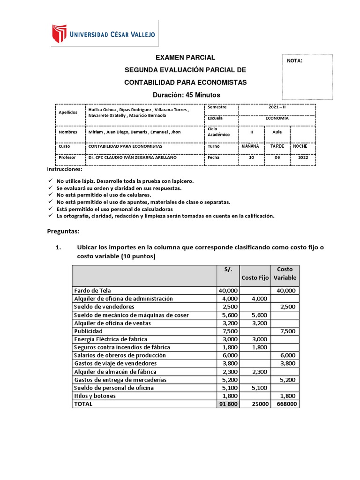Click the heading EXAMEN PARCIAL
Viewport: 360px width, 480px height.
tap(185, 58)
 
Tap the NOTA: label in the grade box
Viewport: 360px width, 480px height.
tap(294, 61)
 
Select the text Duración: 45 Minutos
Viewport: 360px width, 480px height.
tap(185, 95)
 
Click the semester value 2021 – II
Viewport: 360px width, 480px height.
tap(277, 107)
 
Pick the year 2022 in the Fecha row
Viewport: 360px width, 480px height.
tap(303, 158)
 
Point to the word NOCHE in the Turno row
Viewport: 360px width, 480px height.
tap(300, 146)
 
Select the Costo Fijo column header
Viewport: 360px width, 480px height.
tap(255, 277)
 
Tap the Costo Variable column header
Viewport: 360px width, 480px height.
tap(285, 273)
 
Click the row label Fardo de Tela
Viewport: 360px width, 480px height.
tap(92, 291)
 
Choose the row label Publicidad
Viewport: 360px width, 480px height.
tap(89, 331)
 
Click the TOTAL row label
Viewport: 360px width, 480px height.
tap(83, 404)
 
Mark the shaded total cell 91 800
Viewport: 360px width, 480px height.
tap(228, 404)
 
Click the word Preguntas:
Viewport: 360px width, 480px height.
tap(64, 231)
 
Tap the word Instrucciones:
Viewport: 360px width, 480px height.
tap(65, 169)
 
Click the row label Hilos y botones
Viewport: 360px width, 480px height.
tap(95, 396)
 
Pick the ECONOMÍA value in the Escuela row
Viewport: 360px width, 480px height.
tap(277, 119)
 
